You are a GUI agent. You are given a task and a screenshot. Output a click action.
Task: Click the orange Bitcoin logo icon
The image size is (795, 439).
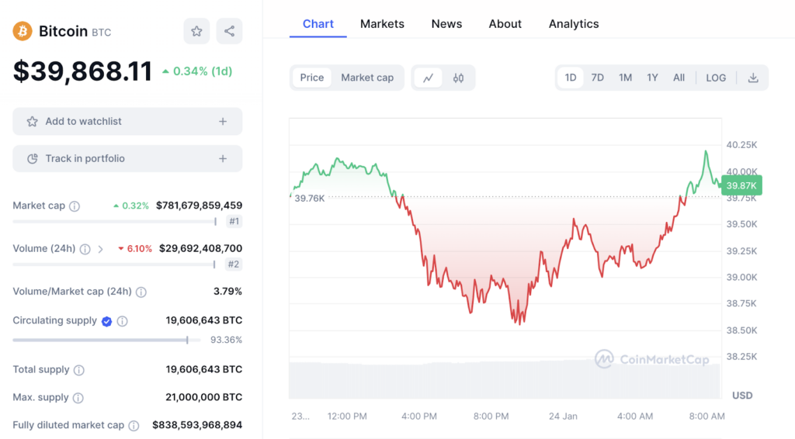pyautogui.click(x=23, y=31)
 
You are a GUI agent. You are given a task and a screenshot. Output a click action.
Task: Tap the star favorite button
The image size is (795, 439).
pyautogui.click(x=196, y=31)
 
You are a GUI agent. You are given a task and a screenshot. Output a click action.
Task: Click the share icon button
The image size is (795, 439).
pyautogui.click(x=229, y=31)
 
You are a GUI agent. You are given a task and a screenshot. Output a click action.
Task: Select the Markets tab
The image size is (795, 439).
pyautogui.click(x=382, y=24)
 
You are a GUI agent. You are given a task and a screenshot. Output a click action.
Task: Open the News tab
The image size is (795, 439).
pyautogui.click(x=446, y=24)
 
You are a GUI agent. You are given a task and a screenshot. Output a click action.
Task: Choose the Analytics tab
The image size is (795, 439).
pyautogui.click(x=574, y=24)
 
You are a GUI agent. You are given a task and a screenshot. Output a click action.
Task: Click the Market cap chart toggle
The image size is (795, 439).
pyautogui.click(x=367, y=78)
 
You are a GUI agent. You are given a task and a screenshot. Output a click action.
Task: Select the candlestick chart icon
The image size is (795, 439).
pyautogui.click(x=458, y=78)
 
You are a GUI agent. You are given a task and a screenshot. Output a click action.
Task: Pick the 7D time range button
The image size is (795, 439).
pyautogui.click(x=597, y=78)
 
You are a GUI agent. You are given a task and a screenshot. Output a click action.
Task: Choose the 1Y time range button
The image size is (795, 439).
pyautogui.click(x=652, y=78)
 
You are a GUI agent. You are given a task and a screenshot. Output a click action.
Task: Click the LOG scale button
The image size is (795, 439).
pyautogui.click(x=716, y=78)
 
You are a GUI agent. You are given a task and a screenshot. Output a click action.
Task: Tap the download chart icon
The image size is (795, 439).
pyautogui.click(x=753, y=78)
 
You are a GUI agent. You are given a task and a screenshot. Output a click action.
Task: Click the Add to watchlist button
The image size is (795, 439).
pyautogui.click(x=127, y=122)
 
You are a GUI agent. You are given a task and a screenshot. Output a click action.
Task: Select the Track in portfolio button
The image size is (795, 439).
pyautogui.click(x=127, y=159)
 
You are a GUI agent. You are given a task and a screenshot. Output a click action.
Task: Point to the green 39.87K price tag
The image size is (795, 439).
pyautogui.click(x=741, y=185)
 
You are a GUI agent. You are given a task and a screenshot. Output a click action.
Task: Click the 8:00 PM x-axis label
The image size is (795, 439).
pyautogui.click(x=491, y=417)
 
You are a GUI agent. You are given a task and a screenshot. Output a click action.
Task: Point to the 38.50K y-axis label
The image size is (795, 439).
pyautogui.click(x=741, y=330)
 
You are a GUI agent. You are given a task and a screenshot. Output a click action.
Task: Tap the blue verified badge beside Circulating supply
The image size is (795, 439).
pyautogui.click(x=107, y=321)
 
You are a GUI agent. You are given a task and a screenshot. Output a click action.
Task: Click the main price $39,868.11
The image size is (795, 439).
pyautogui.click(x=82, y=71)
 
